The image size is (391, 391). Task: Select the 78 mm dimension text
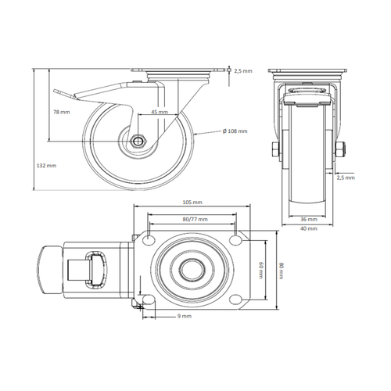pyautogui.click(x=61, y=112)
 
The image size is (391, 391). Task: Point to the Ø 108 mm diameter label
pyautogui.click(x=235, y=131)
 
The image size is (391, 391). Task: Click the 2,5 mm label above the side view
pyautogui.click(x=243, y=71)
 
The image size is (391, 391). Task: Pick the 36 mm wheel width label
pyautogui.click(x=307, y=220)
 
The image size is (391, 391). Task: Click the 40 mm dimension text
pyautogui.click(x=307, y=229)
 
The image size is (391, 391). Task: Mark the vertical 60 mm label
pyautogui.click(x=260, y=270)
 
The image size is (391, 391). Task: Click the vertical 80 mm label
pyautogui.click(x=281, y=270)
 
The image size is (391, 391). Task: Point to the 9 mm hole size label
pyautogui.click(x=183, y=317)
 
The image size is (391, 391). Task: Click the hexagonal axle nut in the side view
pyautogui.click(x=138, y=141)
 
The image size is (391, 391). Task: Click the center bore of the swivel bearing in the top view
pyautogui.click(x=191, y=271)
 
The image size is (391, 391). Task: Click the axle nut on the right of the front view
pyautogui.click(x=342, y=149)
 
